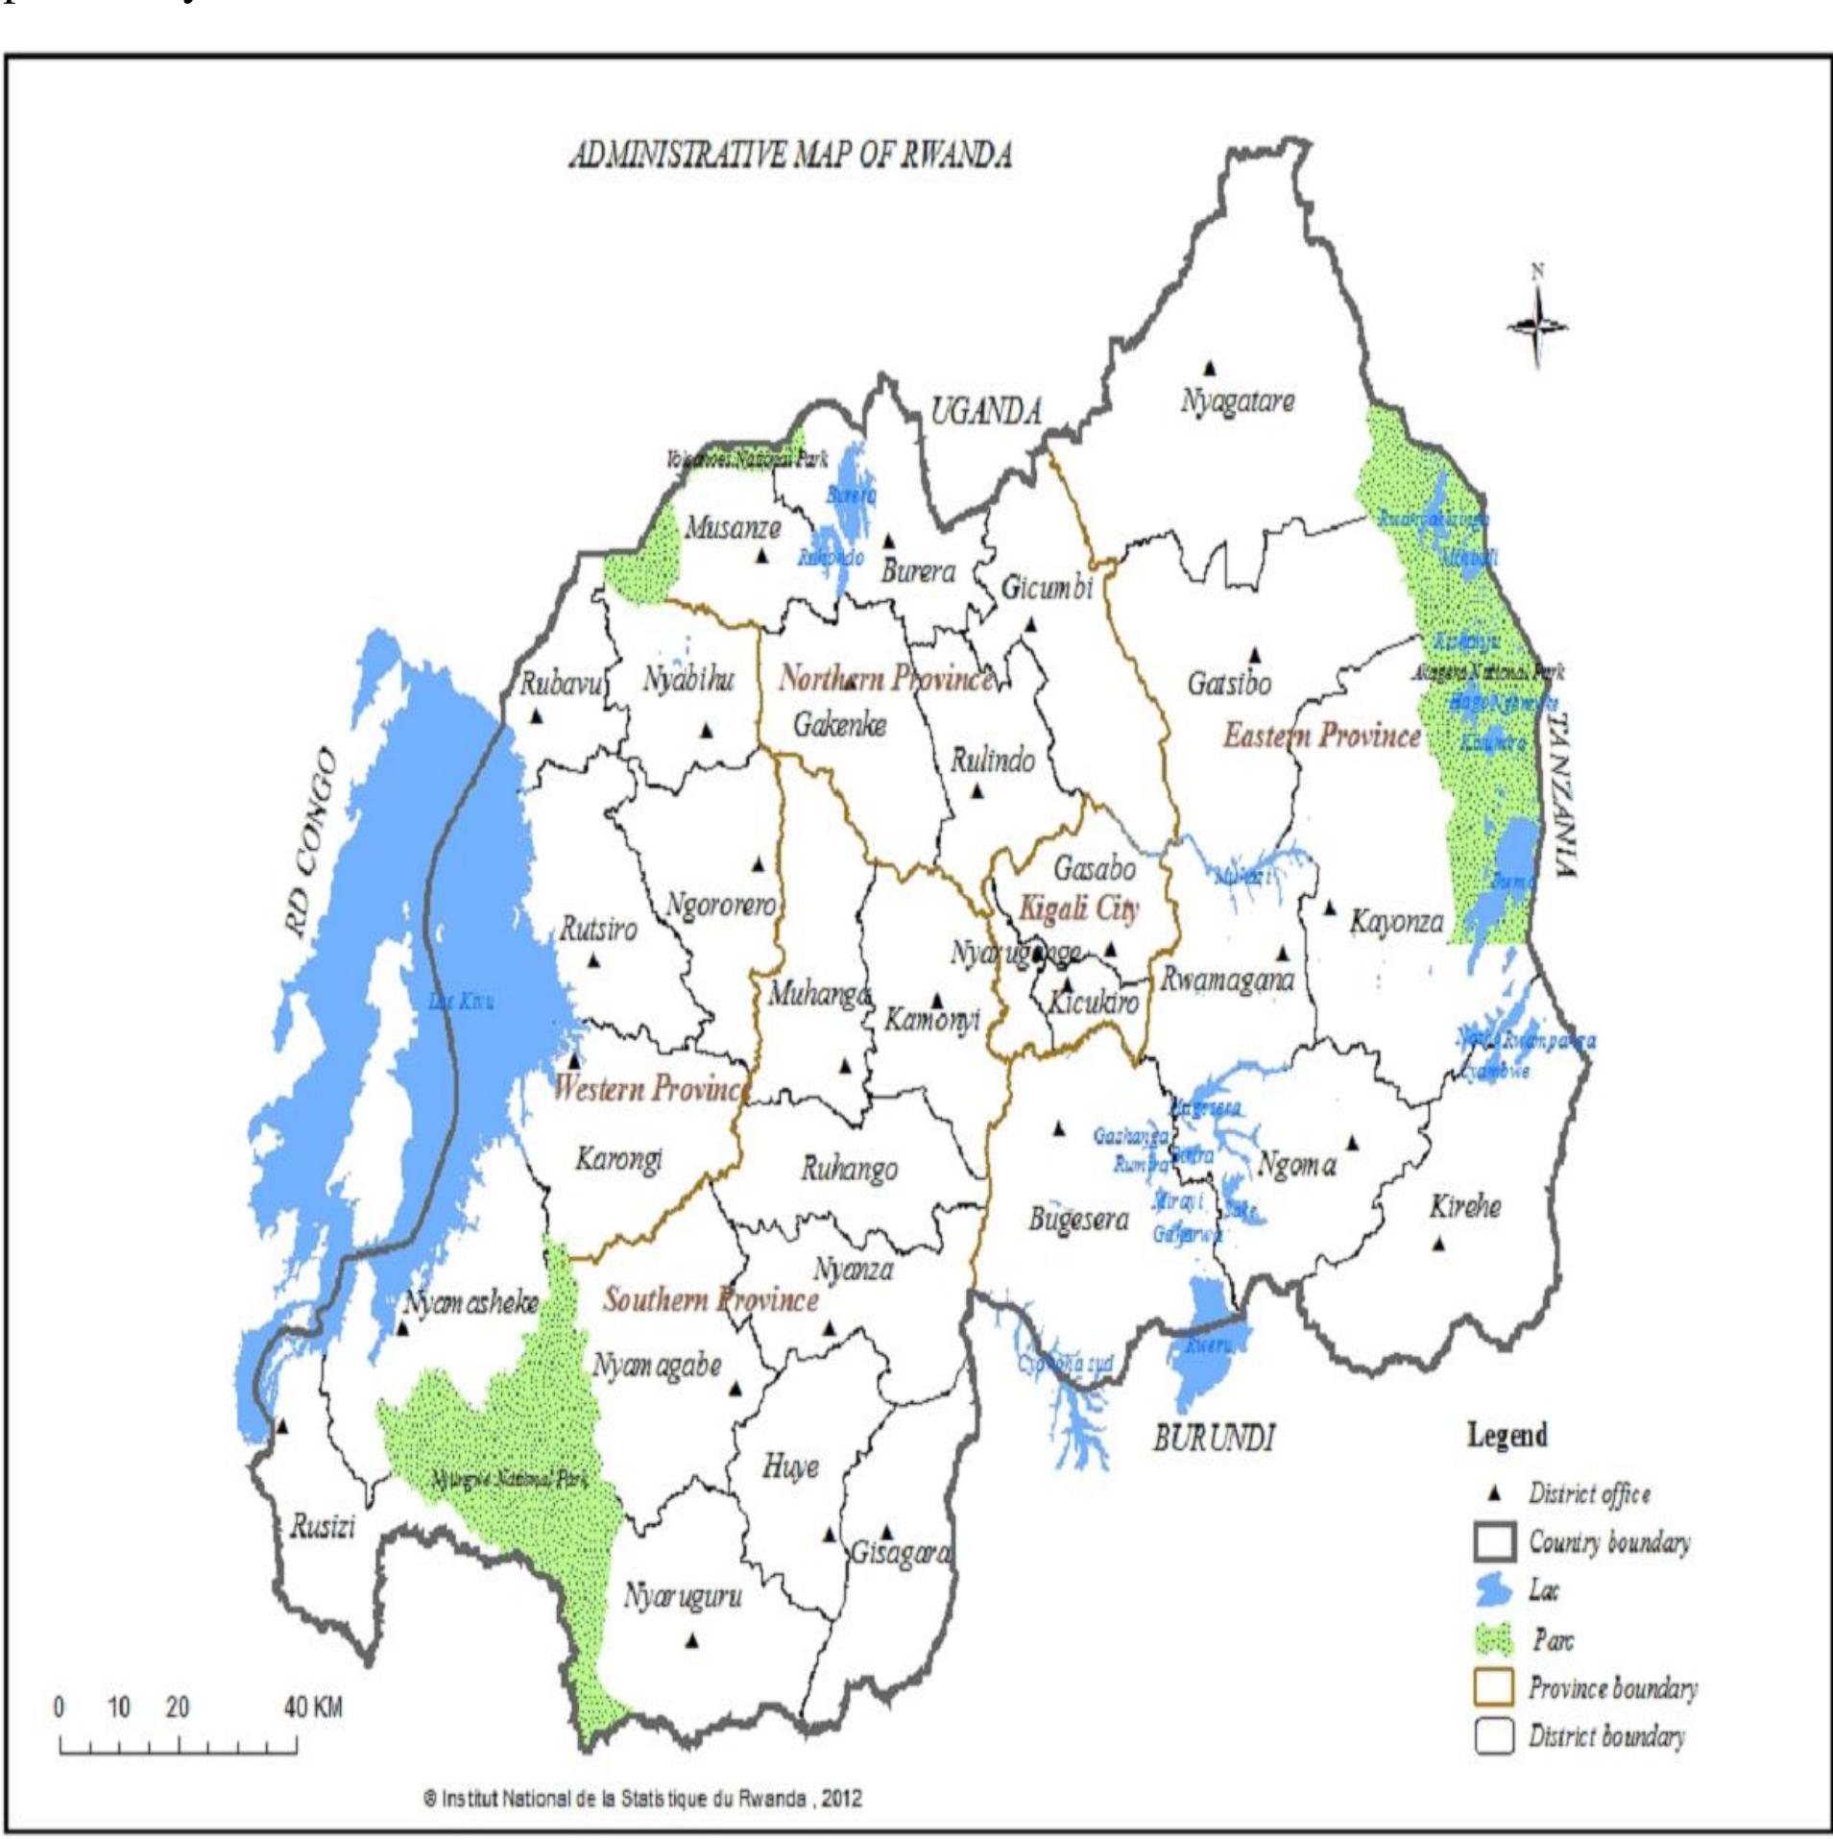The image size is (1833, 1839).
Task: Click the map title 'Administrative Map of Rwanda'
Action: (x=790, y=156)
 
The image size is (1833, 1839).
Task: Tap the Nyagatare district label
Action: (x=1237, y=401)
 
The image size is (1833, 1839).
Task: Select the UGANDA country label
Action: (x=985, y=412)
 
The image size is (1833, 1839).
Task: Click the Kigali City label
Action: (x=1078, y=907)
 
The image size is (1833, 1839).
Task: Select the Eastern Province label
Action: (x=1321, y=737)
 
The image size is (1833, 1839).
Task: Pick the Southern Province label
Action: (x=711, y=1300)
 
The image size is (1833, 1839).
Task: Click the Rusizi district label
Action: (x=323, y=1528)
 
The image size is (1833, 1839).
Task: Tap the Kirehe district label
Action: (x=1464, y=1207)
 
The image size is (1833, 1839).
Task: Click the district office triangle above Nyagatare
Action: (x=1210, y=367)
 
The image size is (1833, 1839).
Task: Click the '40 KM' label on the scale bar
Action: (x=313, y=1707)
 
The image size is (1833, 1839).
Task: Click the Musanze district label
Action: (x=732, y=527)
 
